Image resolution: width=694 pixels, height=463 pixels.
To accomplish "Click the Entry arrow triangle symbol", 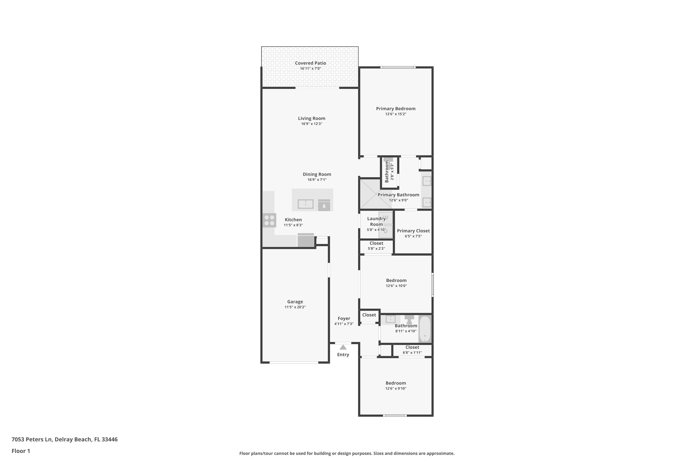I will point(343,347).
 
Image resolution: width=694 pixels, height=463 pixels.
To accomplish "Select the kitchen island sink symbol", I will point(305,204).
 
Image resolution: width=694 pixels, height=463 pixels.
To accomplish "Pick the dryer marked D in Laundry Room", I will point(386,231).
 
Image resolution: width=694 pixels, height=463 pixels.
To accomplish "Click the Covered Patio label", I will point(310,63).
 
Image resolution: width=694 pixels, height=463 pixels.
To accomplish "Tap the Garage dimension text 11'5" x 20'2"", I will point(295,307).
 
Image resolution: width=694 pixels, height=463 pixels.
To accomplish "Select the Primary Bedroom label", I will point(396,109).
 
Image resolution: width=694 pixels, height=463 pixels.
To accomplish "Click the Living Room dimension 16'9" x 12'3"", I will point(312,124).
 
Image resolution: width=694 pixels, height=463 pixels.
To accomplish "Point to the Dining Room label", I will point(317,174).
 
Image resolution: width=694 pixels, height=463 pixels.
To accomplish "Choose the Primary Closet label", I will point(413,231).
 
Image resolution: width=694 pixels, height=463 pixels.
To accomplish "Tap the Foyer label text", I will point(344,318).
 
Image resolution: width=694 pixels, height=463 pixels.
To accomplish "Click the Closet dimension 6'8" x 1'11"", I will point(412,353).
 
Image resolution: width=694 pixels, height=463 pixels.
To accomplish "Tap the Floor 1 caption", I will point(21,451).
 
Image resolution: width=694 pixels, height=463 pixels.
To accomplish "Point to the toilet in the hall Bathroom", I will point(409,319).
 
